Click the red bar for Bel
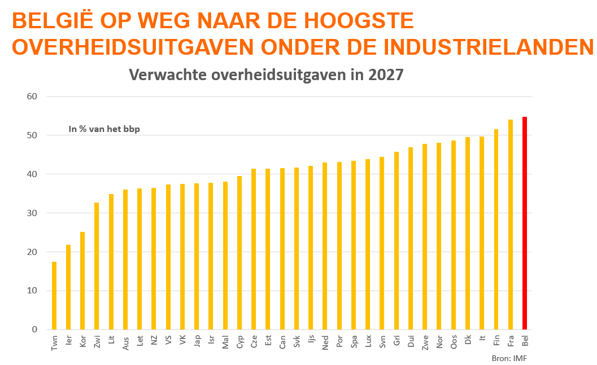(x=525, y=223)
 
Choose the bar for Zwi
(x=97, y=266)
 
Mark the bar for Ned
(x=325, y=246)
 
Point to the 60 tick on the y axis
(x=32, y=96)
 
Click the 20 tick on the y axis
(x=32, y=252)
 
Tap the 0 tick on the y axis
(x=34, y=329)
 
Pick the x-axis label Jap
(x=197, y=341)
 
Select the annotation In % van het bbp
(x=104, y=129)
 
